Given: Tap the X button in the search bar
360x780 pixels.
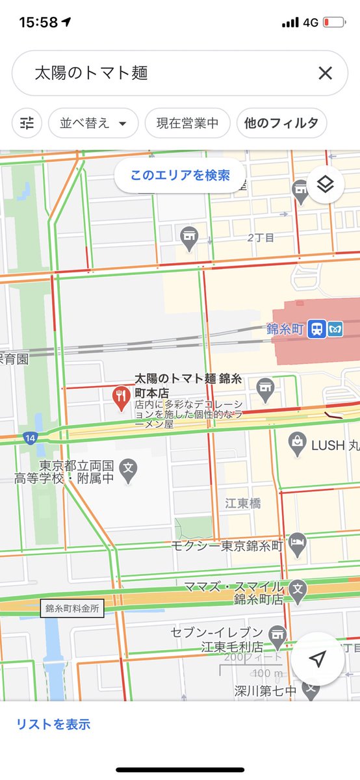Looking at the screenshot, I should pyautogui.click(x=325, y=73).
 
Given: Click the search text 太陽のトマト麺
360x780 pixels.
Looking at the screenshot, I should pyautogui.click(x=92, y=73).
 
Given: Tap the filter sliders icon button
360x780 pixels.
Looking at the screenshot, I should pyautogui.click(x=27, y=123).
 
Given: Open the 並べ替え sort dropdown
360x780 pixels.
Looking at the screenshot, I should pyautogui.click(x=93, y=123).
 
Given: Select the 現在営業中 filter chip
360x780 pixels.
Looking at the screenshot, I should pyautogui.click(x=187, y=123).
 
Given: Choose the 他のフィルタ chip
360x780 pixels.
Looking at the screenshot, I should pyautogui.click(x=281, y=123).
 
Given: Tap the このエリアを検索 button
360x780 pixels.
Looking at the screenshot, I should pyautogui.click(x=180, y=175).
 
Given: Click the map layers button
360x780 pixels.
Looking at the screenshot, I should pyautogui.click(x=325, y=185).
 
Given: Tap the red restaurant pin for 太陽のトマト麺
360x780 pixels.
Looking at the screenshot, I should pyautogui.click(x=121, y=397).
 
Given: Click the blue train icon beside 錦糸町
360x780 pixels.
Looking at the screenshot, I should pyautogui.click(x=317, y=328).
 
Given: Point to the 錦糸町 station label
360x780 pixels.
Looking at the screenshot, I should pyautogui.click(x=285, y=329).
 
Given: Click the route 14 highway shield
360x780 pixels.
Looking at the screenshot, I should pyautogui.click(x=30, y=438).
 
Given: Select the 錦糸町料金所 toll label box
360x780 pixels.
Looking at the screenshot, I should pyautogui.click(x=72, y=609).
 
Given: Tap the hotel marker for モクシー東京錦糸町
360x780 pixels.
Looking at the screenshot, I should pyautogui.click(x=297, y=545).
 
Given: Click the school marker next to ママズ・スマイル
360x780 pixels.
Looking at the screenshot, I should pyautogui.click(x=298, y=588).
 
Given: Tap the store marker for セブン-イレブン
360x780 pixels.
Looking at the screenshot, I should pyautogui.click(x=278, y=638).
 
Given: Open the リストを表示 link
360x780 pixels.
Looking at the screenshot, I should pyautogui.click(x=53, y=724).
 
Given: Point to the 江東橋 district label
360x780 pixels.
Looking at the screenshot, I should pyautogui.click(x=243, y=503).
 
